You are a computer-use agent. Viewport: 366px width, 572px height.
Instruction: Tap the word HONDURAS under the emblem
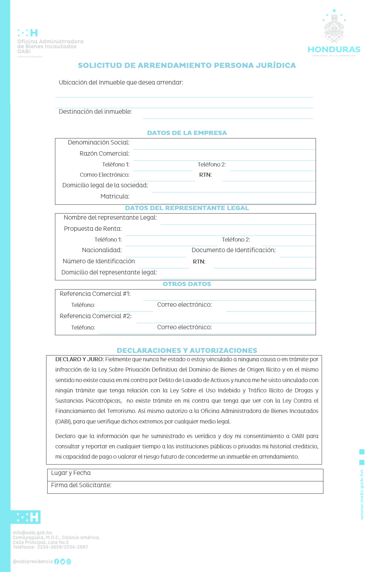point(334,49)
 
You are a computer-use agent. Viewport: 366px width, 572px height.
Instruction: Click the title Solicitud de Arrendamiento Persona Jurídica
point(187,65)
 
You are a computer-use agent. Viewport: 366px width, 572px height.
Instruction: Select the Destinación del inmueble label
point(95,111)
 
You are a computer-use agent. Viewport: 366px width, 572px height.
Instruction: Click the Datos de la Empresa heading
point(187,133)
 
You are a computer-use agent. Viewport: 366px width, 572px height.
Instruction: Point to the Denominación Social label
point(98,142)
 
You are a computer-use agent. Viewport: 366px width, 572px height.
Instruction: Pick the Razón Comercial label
point(104,154)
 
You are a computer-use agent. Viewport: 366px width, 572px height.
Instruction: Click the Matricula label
point(115,196)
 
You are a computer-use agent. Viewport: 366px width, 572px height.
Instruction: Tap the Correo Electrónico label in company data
point(104,175)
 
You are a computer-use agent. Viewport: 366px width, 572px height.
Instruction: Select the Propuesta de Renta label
point(93,229)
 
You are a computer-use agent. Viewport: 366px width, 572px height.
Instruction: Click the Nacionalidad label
point(102,250)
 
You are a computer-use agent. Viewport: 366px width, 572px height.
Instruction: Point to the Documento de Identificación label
point(234,250)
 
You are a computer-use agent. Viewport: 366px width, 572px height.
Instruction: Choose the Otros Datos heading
point(187,284)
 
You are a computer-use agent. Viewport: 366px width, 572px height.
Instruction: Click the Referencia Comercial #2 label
point(96,316)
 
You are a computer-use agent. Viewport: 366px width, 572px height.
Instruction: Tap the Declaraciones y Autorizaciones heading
point(187,350)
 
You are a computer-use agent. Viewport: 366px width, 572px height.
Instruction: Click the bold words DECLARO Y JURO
point(79,359)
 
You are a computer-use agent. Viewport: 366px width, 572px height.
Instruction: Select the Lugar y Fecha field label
point(71,473)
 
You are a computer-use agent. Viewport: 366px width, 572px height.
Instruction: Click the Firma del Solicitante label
point(81,485)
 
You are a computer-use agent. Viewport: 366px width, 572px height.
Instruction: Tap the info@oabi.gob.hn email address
point(32,532)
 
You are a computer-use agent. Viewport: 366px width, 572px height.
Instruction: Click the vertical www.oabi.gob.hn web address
point(362,494)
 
